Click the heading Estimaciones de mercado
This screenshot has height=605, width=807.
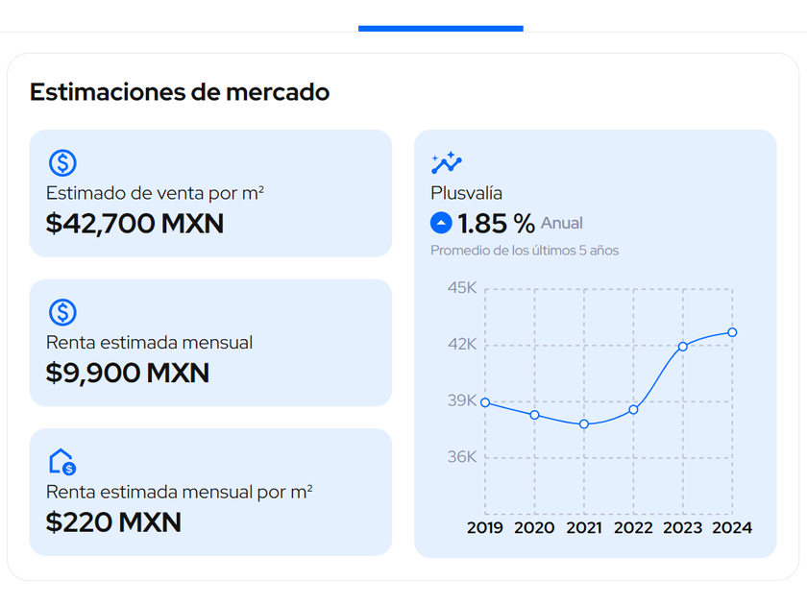tap(180, 92)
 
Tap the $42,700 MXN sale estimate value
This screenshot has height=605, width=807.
tap(134, 224)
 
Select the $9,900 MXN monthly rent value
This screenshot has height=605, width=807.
tap(127, 373)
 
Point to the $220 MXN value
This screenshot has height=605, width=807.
tap(113, 521)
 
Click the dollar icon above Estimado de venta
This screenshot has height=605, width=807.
tap(62, 162)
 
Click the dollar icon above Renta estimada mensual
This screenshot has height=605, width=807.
tap(62, 312)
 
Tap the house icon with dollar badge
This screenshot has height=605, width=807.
tap(62, 462)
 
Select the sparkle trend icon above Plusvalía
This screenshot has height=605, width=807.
tap(447, 162)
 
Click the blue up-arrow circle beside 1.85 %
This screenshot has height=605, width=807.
tap(441, 224)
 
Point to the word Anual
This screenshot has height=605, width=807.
tap(562, 224)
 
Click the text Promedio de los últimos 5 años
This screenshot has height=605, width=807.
tap(525, 251)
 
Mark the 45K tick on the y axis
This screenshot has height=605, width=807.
tap(462, 288)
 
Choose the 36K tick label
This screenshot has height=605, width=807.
tap(462, 457)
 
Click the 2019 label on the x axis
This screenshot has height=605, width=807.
tap(485, 527)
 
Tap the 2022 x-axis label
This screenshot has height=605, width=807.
tap(633, 527)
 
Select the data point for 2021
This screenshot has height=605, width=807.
tap(584, 423)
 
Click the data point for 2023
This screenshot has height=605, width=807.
tap(683, 347)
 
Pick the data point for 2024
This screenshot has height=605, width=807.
tap(732, 332)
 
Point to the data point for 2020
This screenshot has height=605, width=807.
tap(534, 415)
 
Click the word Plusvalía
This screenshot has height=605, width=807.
tap(466, 193)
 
